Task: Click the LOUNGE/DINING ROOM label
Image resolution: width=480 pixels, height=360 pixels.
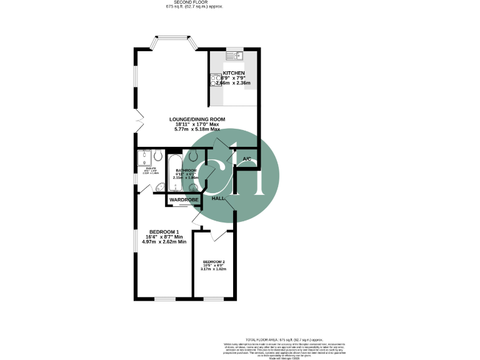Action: pos(197,119)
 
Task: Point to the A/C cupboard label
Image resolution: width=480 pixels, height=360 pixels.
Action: pos(247,159)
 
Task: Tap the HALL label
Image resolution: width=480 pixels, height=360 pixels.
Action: pos(218,198)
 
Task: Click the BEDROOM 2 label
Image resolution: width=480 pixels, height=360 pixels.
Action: pos(214,262)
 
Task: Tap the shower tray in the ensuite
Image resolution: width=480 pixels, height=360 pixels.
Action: pos(146,157)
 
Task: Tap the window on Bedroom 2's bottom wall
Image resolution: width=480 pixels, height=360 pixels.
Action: pos(214,299)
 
